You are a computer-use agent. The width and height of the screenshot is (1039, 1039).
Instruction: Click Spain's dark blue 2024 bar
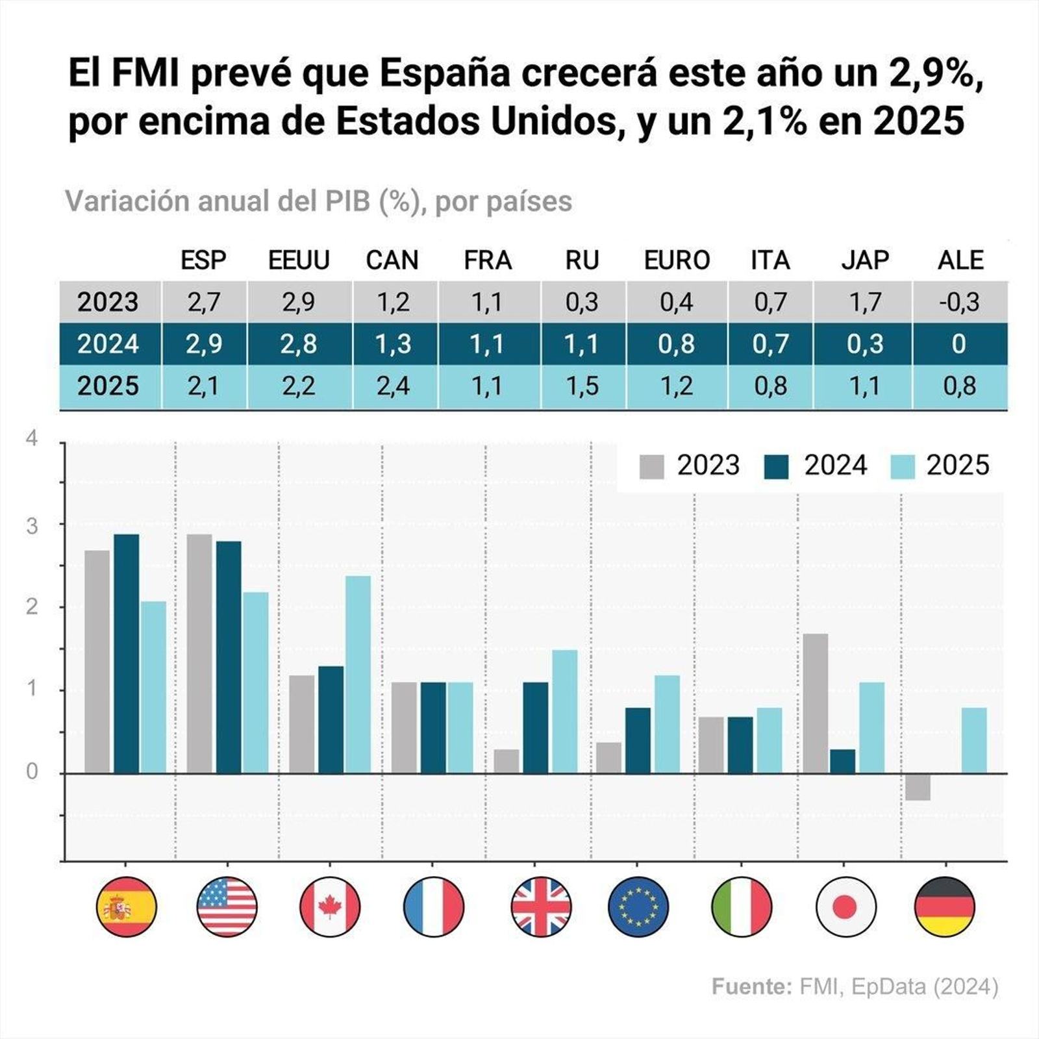tap(126, 653)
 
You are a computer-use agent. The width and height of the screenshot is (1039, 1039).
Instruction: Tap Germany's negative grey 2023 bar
tap(918, 786)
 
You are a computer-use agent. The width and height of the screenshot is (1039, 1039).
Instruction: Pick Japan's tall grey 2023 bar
tap(816, 703)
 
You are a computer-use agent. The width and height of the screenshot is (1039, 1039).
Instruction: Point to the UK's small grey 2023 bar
tap(507, 761)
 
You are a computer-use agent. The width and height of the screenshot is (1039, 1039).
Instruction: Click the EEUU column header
tap(299, 260)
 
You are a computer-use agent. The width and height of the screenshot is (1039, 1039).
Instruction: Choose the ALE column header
tap(960, 260)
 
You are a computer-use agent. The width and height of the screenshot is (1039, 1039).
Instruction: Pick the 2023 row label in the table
tap(108, 302)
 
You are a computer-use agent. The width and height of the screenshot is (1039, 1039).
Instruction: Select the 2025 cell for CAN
tap(394, 386)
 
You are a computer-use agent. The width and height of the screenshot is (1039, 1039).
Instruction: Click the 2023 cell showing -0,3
tap(959, 302)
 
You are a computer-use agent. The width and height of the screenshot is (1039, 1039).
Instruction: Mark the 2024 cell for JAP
tap(865, 344)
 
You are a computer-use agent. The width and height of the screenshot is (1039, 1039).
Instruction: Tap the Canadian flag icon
tap(330, 907)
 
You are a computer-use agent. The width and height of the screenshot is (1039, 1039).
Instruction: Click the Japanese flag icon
tap(845, 907)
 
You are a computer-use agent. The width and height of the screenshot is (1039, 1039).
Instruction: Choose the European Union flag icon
tap(638, 907)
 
